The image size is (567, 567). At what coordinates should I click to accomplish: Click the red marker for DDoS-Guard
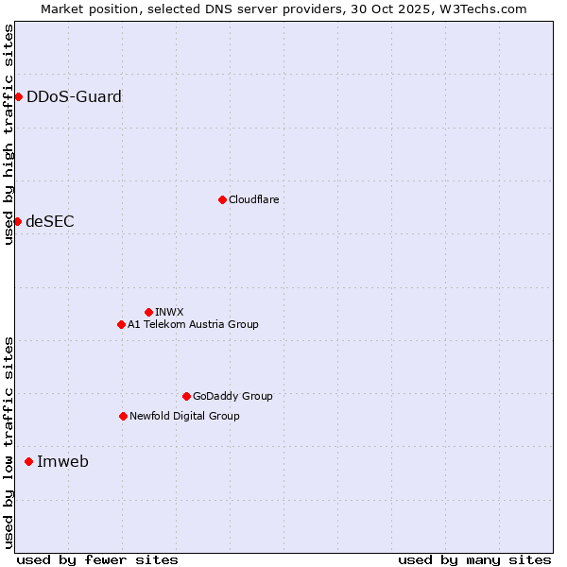18,96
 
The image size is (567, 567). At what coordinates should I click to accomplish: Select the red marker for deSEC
17,221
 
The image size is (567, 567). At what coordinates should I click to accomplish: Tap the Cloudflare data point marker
222,199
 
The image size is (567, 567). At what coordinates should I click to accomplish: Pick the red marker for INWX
148,312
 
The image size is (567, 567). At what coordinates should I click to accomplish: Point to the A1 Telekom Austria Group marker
121,324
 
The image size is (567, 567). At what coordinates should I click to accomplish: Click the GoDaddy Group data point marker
186,396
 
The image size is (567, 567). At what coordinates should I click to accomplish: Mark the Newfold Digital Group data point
123,416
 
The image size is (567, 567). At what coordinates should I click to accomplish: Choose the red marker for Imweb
28,461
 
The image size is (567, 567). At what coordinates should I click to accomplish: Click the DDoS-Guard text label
74,96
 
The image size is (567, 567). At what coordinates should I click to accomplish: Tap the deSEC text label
50,221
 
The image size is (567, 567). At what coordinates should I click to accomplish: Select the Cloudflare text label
253,199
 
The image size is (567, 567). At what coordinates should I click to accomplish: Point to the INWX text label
169,312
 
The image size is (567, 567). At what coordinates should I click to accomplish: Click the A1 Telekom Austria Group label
193,324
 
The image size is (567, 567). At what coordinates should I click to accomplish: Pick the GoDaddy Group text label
232,396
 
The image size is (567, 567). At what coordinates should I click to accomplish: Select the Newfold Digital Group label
184,416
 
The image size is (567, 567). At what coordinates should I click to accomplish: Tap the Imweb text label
62,461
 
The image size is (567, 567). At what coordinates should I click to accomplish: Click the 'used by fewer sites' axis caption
97,559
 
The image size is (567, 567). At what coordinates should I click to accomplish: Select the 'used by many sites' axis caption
474,559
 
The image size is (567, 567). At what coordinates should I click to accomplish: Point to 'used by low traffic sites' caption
9,441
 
